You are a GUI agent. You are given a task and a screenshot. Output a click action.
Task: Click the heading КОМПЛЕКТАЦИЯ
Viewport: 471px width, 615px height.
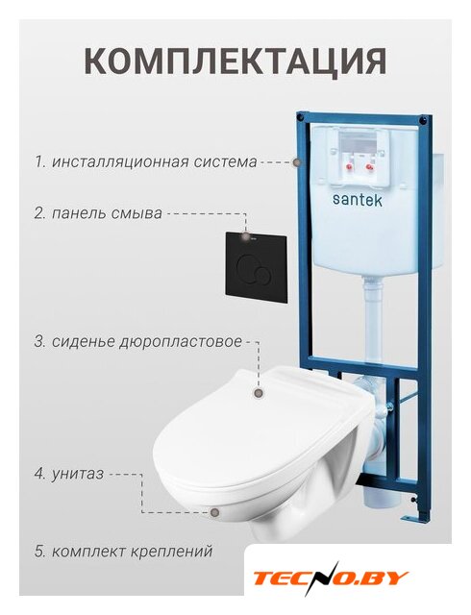(x=235, y=61)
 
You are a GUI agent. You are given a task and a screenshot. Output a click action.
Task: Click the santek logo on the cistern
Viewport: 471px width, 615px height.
(x=358, y=199)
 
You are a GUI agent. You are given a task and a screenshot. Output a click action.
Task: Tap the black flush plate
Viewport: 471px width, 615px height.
(x=257, y=267)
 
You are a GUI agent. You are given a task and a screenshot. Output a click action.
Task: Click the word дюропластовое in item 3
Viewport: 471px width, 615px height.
(x=180, y=342)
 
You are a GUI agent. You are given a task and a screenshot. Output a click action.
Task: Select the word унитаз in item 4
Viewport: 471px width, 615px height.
(x=77, y=474)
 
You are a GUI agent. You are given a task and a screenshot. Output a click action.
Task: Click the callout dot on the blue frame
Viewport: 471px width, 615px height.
(x=298, y=162)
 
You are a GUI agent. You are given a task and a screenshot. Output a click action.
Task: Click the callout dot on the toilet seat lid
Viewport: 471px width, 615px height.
(x=259, y=393)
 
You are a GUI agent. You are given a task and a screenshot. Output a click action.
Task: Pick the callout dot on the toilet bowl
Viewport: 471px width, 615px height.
(x=214, y=512)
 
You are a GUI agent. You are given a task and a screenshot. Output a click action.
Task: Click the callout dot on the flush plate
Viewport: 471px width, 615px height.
(x=246, y=236)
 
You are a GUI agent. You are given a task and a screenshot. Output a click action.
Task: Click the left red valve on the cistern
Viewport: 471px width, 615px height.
(x=349, y=167)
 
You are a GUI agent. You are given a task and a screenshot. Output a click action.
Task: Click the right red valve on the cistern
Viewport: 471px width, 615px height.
(x=369, y=167)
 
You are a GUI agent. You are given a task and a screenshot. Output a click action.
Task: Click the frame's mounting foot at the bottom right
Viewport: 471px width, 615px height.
(x=413, y=517)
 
